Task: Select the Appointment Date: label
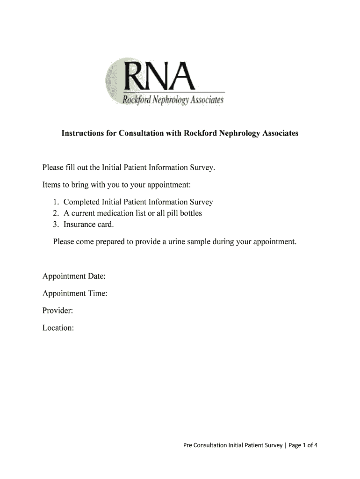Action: click(74, 276)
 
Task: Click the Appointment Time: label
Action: click(75, 293)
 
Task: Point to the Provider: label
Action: click(58, 311)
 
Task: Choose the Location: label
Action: click(58, 328)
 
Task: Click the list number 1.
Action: click(55, 202)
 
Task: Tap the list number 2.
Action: click(55, 213)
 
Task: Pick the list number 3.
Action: click(55, 225)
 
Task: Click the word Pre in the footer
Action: click(187, 445)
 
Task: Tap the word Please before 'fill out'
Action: click(53, 167)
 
